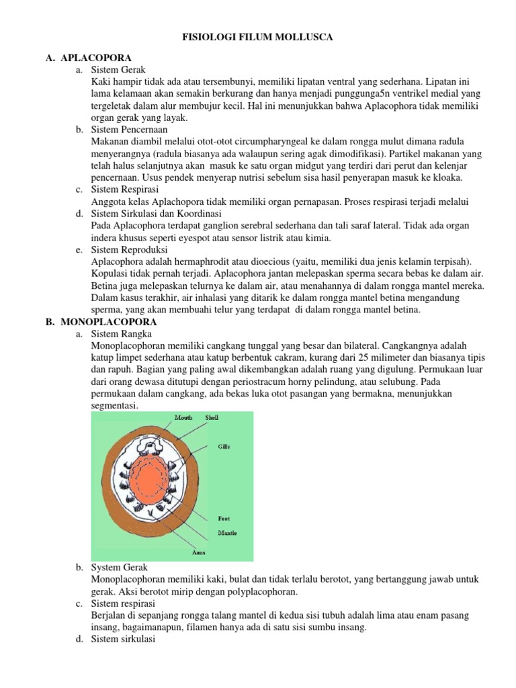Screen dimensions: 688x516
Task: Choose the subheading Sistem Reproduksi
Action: click(x=128, y=249)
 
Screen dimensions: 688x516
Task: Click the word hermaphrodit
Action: click(x=183, y=261)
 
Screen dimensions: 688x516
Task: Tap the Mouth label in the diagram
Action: click(x=183, y=417)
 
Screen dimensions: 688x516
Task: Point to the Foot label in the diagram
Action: click(x=225, y=518)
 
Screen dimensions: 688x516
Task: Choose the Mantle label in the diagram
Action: click(x=228, y=533)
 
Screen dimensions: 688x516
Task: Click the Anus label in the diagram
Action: click(x=200, y=553)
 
